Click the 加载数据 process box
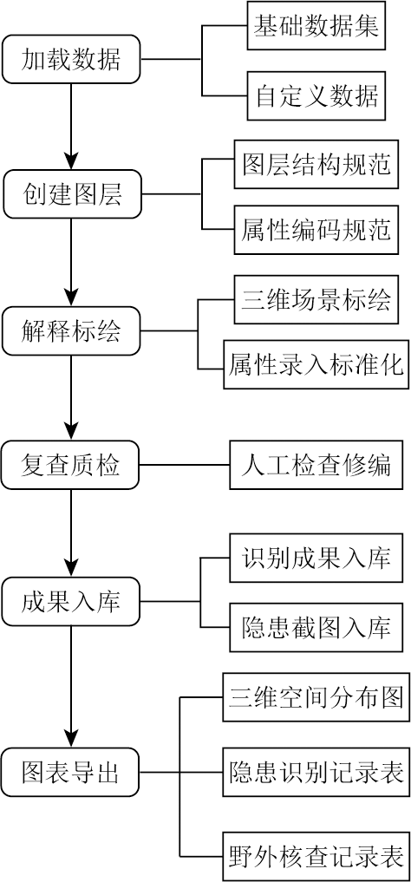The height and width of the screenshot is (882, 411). coord(71,59)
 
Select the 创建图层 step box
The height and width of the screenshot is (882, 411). coord(71,194)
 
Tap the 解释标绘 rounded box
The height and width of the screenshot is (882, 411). coord(71,330)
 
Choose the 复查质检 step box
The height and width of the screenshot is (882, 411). coord(71,465)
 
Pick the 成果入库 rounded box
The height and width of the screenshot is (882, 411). coord(71,602)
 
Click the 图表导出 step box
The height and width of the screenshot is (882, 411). coord(71,772)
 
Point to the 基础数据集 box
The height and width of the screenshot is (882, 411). coord(316,26)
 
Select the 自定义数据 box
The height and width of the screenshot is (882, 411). coord(316,95)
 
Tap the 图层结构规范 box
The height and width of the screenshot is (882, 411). coord(316,164)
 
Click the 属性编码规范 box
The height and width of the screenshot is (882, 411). coord(316,230)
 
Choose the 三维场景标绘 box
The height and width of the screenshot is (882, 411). coord(316,298)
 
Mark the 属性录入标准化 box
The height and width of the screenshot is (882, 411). coord(316,364)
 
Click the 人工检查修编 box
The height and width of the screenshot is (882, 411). coord(316,465)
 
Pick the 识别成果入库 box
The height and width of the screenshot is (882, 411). coord(316,558)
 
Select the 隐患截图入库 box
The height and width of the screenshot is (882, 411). coord(316,627)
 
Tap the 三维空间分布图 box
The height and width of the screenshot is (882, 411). coord(316,696)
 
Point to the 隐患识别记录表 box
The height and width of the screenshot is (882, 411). coord(316,772)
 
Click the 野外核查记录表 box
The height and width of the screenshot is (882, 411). coord(316,856)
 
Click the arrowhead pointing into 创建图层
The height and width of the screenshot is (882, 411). coord(71,160)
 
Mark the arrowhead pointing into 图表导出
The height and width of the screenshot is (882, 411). coord(71,738)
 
